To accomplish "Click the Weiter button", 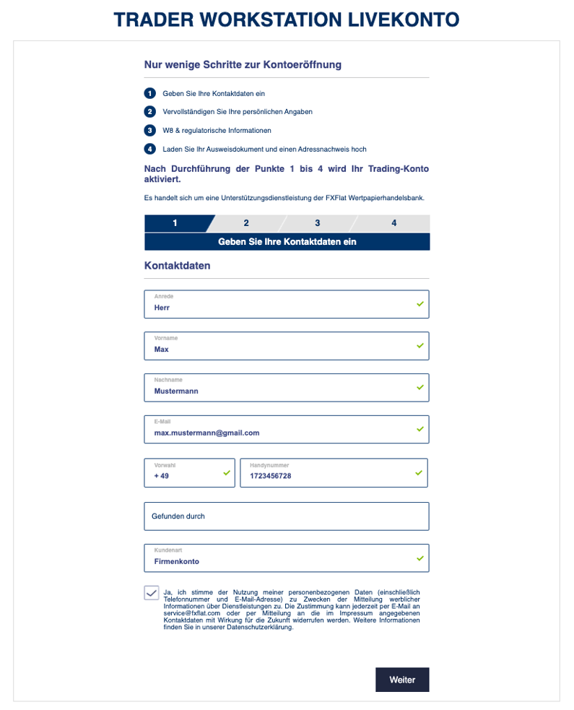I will tap(402, 680).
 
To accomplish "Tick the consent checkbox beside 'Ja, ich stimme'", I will tap(151, 593).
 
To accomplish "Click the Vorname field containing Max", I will tap(286, 345).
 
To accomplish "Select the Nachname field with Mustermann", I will tap(286, 387).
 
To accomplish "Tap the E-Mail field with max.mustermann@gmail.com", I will tap(286, 429).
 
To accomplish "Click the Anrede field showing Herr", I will tap(286, 304).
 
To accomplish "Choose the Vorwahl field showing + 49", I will tap(189, 472).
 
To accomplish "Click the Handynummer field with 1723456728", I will tap(334, 472).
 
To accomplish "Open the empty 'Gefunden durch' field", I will tap(286, 516).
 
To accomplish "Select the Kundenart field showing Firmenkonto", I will tap(286, 558).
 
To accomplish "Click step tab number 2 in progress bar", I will tap(246, 223).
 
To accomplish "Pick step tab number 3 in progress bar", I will tap(317, 223).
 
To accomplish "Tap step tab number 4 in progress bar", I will tap(393, 223).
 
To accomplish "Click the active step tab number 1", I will tap(175, 223).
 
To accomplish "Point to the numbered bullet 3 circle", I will tap(149, 131).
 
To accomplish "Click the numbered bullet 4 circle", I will tap(149, 149).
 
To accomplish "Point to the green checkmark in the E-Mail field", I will tap(419, 429).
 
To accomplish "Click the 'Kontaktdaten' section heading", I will tap(178, 266).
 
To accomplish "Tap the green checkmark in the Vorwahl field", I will tap(226, 472).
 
